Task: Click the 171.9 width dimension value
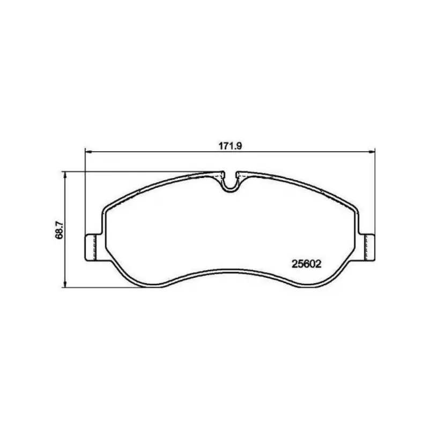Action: (230, 146)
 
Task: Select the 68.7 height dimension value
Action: (60, 230)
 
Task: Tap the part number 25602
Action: (306, 264)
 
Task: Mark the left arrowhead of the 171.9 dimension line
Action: (87, 151)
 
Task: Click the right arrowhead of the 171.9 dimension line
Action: (372, 151)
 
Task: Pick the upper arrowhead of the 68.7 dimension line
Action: (65, 175)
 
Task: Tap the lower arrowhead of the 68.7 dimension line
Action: (65, 284)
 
